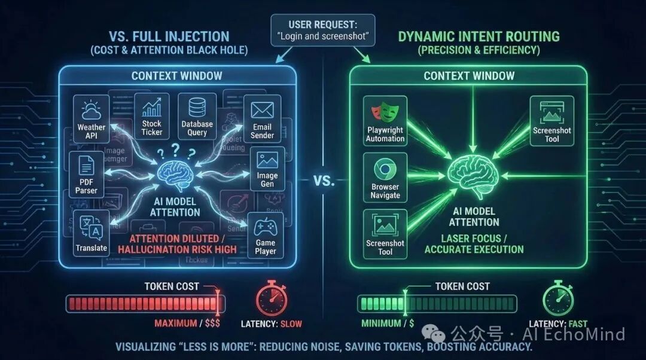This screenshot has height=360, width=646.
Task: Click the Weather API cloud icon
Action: (92, 111)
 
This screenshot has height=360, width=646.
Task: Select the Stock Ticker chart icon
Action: (152, 109)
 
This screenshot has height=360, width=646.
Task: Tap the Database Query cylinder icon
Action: (197, 108)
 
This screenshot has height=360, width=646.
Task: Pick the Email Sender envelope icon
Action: (262, 110)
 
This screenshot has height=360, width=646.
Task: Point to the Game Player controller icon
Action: (265, 227)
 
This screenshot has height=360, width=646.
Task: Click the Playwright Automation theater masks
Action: (385, 112)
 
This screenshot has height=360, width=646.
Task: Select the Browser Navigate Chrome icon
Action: (385, 169)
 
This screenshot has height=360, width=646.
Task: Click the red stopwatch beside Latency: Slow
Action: (271, 300)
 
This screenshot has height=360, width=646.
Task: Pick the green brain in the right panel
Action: (474, 175)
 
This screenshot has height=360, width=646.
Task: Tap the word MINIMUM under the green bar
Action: (381, 324)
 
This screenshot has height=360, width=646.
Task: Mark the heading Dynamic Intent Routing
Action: (479, 36)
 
